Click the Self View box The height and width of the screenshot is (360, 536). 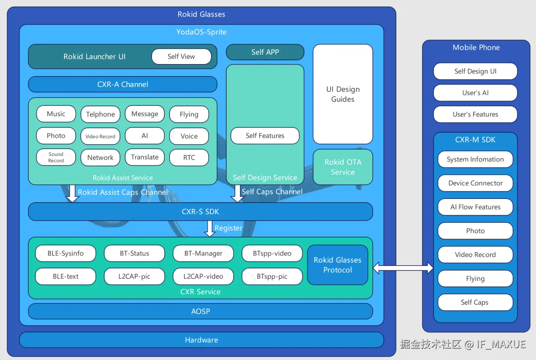point(182,56)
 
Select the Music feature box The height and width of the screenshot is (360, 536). point(56,114)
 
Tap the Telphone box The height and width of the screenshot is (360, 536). point(101,114)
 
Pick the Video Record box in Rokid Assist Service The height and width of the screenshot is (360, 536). point(101,136)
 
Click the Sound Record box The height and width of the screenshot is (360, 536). point(56,157)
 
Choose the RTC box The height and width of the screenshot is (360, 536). point(189,157)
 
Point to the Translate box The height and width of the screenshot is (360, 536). point(145,157)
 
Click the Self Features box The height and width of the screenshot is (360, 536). point(265,136)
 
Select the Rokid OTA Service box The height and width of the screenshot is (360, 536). point(343,167)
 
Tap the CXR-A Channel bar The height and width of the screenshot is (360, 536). point(123,84)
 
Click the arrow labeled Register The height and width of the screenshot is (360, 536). point(209,229)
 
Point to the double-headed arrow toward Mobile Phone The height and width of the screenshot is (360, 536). point(403,268)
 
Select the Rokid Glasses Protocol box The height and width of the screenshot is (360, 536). point(338,265)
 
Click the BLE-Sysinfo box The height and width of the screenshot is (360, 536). point(66,253)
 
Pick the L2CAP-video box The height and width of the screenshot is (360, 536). point(203,276)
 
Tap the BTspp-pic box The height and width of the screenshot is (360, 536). point(272,276)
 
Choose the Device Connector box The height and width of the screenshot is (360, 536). point(476,183)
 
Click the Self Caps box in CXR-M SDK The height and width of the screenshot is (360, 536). point(476,302)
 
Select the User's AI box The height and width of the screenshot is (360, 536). point(476,92)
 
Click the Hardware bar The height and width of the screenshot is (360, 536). point(202,340)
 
